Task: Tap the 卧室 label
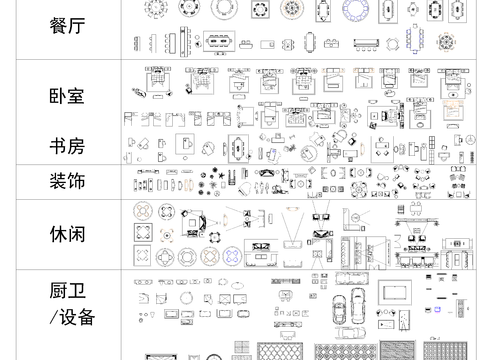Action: tap(66, 98)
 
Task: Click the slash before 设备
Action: tap(53, 318)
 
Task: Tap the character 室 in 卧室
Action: tap(77, 98)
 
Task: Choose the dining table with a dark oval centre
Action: tap(222, 43)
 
